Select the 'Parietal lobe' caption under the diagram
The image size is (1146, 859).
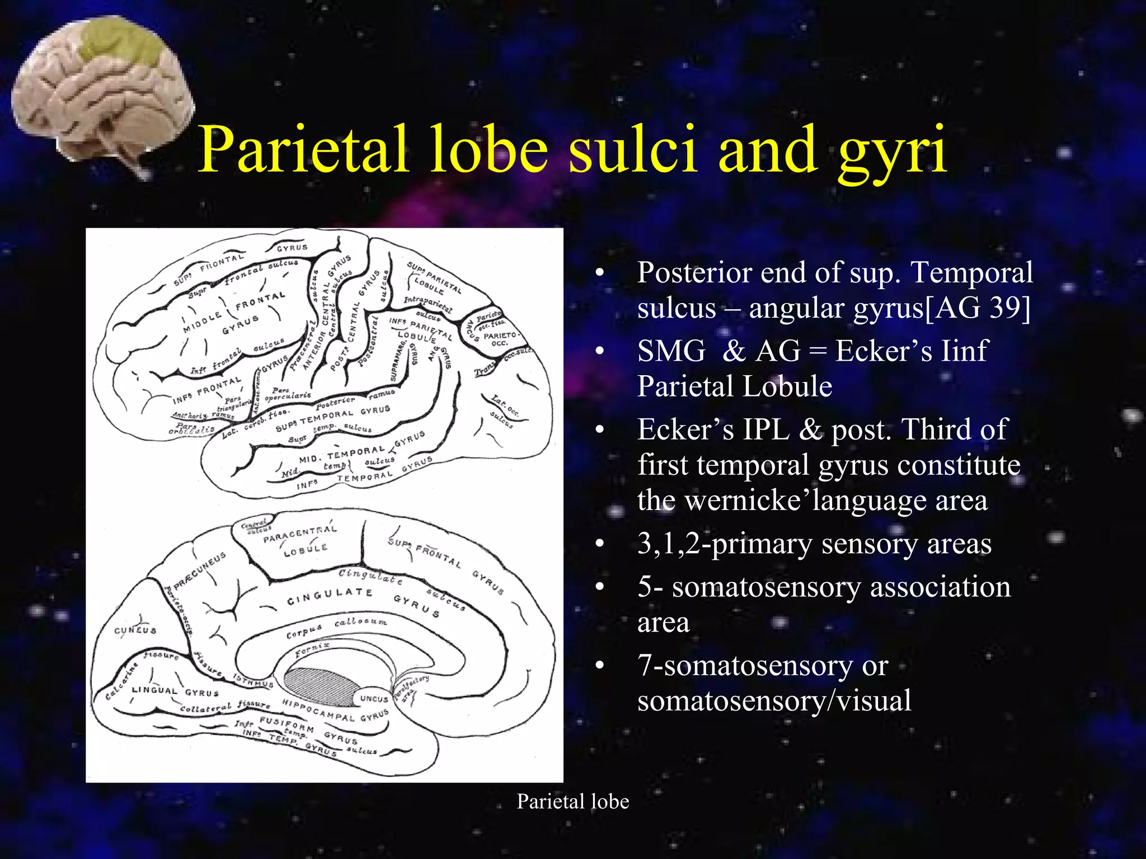click(572, 801)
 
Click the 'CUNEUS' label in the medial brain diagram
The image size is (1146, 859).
click(135, 630)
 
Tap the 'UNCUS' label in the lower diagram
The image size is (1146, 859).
click(374, 698)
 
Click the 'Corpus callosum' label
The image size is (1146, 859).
click(336, 627)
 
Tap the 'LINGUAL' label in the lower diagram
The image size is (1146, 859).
click(154, 690)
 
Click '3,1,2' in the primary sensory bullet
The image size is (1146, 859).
click(669, 543)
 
